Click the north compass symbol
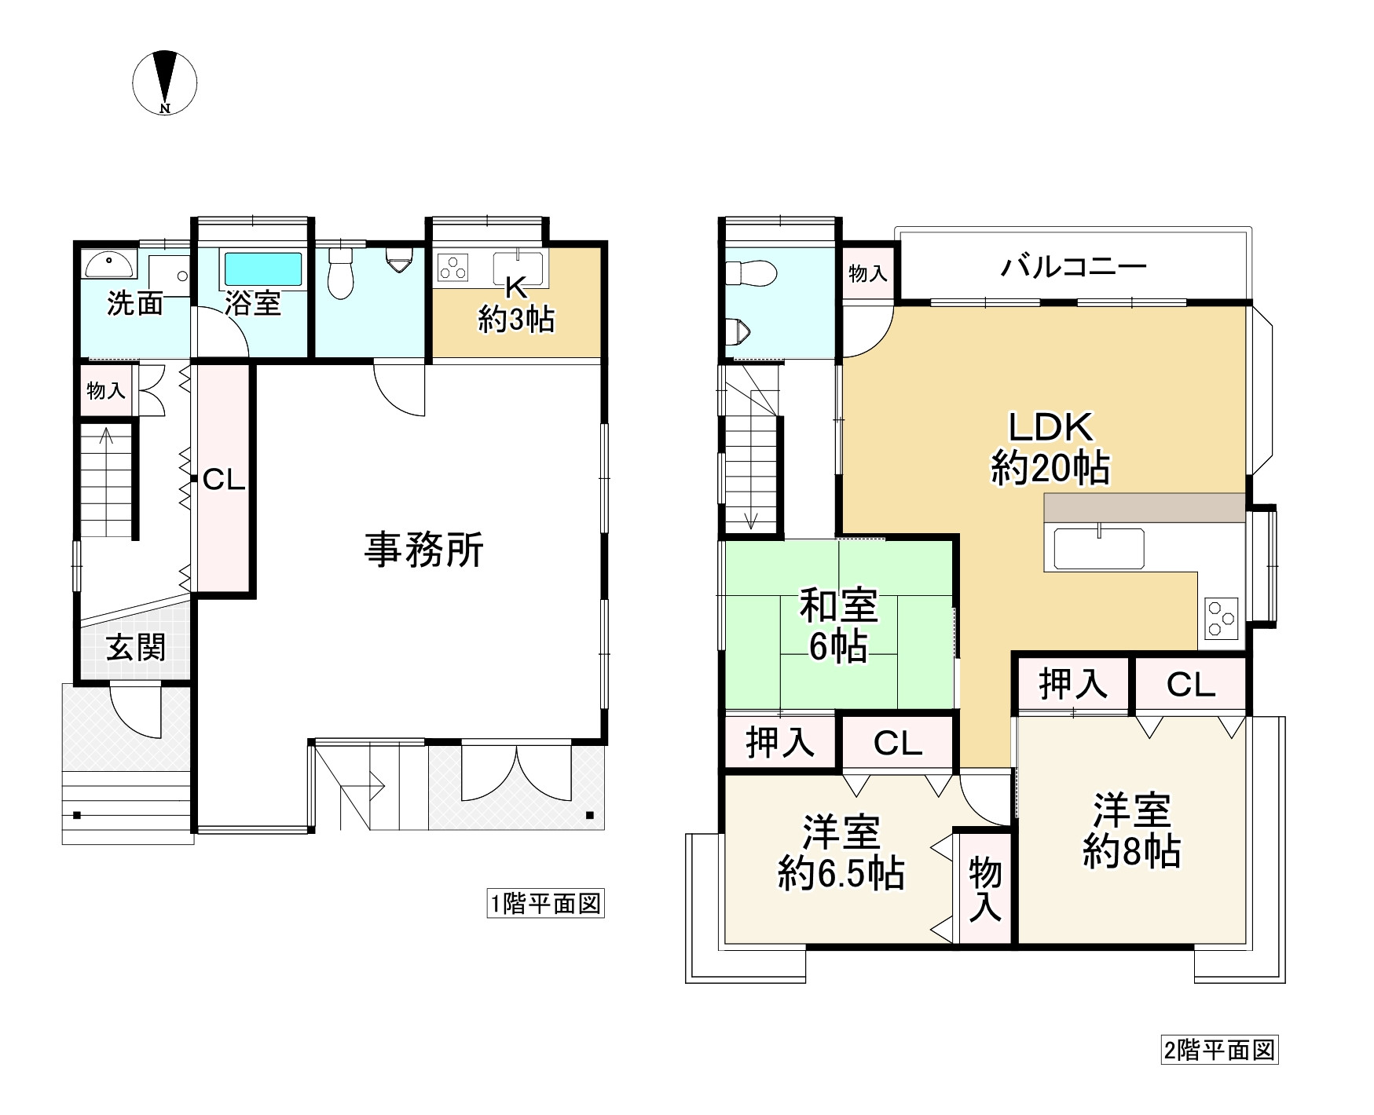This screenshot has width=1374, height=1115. tap(164, 82)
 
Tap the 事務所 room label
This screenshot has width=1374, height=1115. tap(423, 549)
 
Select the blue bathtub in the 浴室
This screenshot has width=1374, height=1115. tap(263, 269)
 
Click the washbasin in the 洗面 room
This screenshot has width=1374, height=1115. tap(109, 265)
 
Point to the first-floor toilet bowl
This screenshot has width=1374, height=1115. tap(339, 276)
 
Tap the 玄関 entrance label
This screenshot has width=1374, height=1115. tap(136, 648)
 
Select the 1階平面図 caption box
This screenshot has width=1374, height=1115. tap(545, 904)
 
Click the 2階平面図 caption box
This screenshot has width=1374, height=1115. tap(1219, 1050)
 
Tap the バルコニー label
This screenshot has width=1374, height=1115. tap(1073, 267)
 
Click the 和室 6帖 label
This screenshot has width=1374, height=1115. tap(838, 627)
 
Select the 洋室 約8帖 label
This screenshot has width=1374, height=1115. tap(1132, 831)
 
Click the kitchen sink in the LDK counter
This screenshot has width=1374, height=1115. tap(1098, 548)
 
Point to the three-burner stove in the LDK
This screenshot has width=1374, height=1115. tap(1220, 618)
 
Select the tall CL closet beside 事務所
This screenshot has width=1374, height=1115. tap(224, 479)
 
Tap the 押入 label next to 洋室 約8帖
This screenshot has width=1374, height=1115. tap(1073, 684)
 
